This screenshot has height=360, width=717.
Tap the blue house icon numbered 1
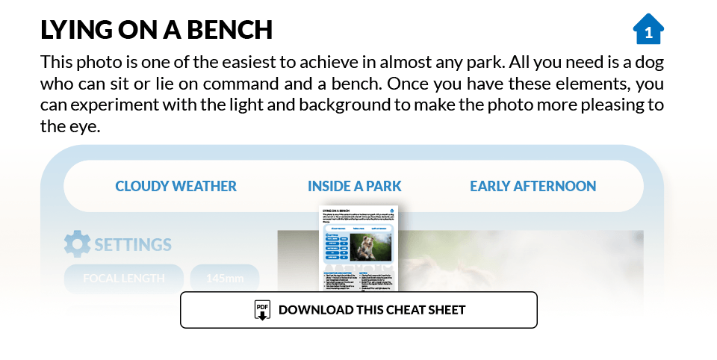(648, 30)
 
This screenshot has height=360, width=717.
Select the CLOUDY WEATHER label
(176, 186)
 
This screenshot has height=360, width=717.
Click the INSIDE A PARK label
(355, 186)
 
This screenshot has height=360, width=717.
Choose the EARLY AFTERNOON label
(533, 186)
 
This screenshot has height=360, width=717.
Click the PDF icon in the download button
(262, 310)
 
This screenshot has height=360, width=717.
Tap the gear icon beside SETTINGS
(77, 244)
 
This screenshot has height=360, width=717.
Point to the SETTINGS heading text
(133, 244)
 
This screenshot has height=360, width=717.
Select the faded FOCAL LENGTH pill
(123, 279)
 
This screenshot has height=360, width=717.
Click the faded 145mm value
(225, 279)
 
